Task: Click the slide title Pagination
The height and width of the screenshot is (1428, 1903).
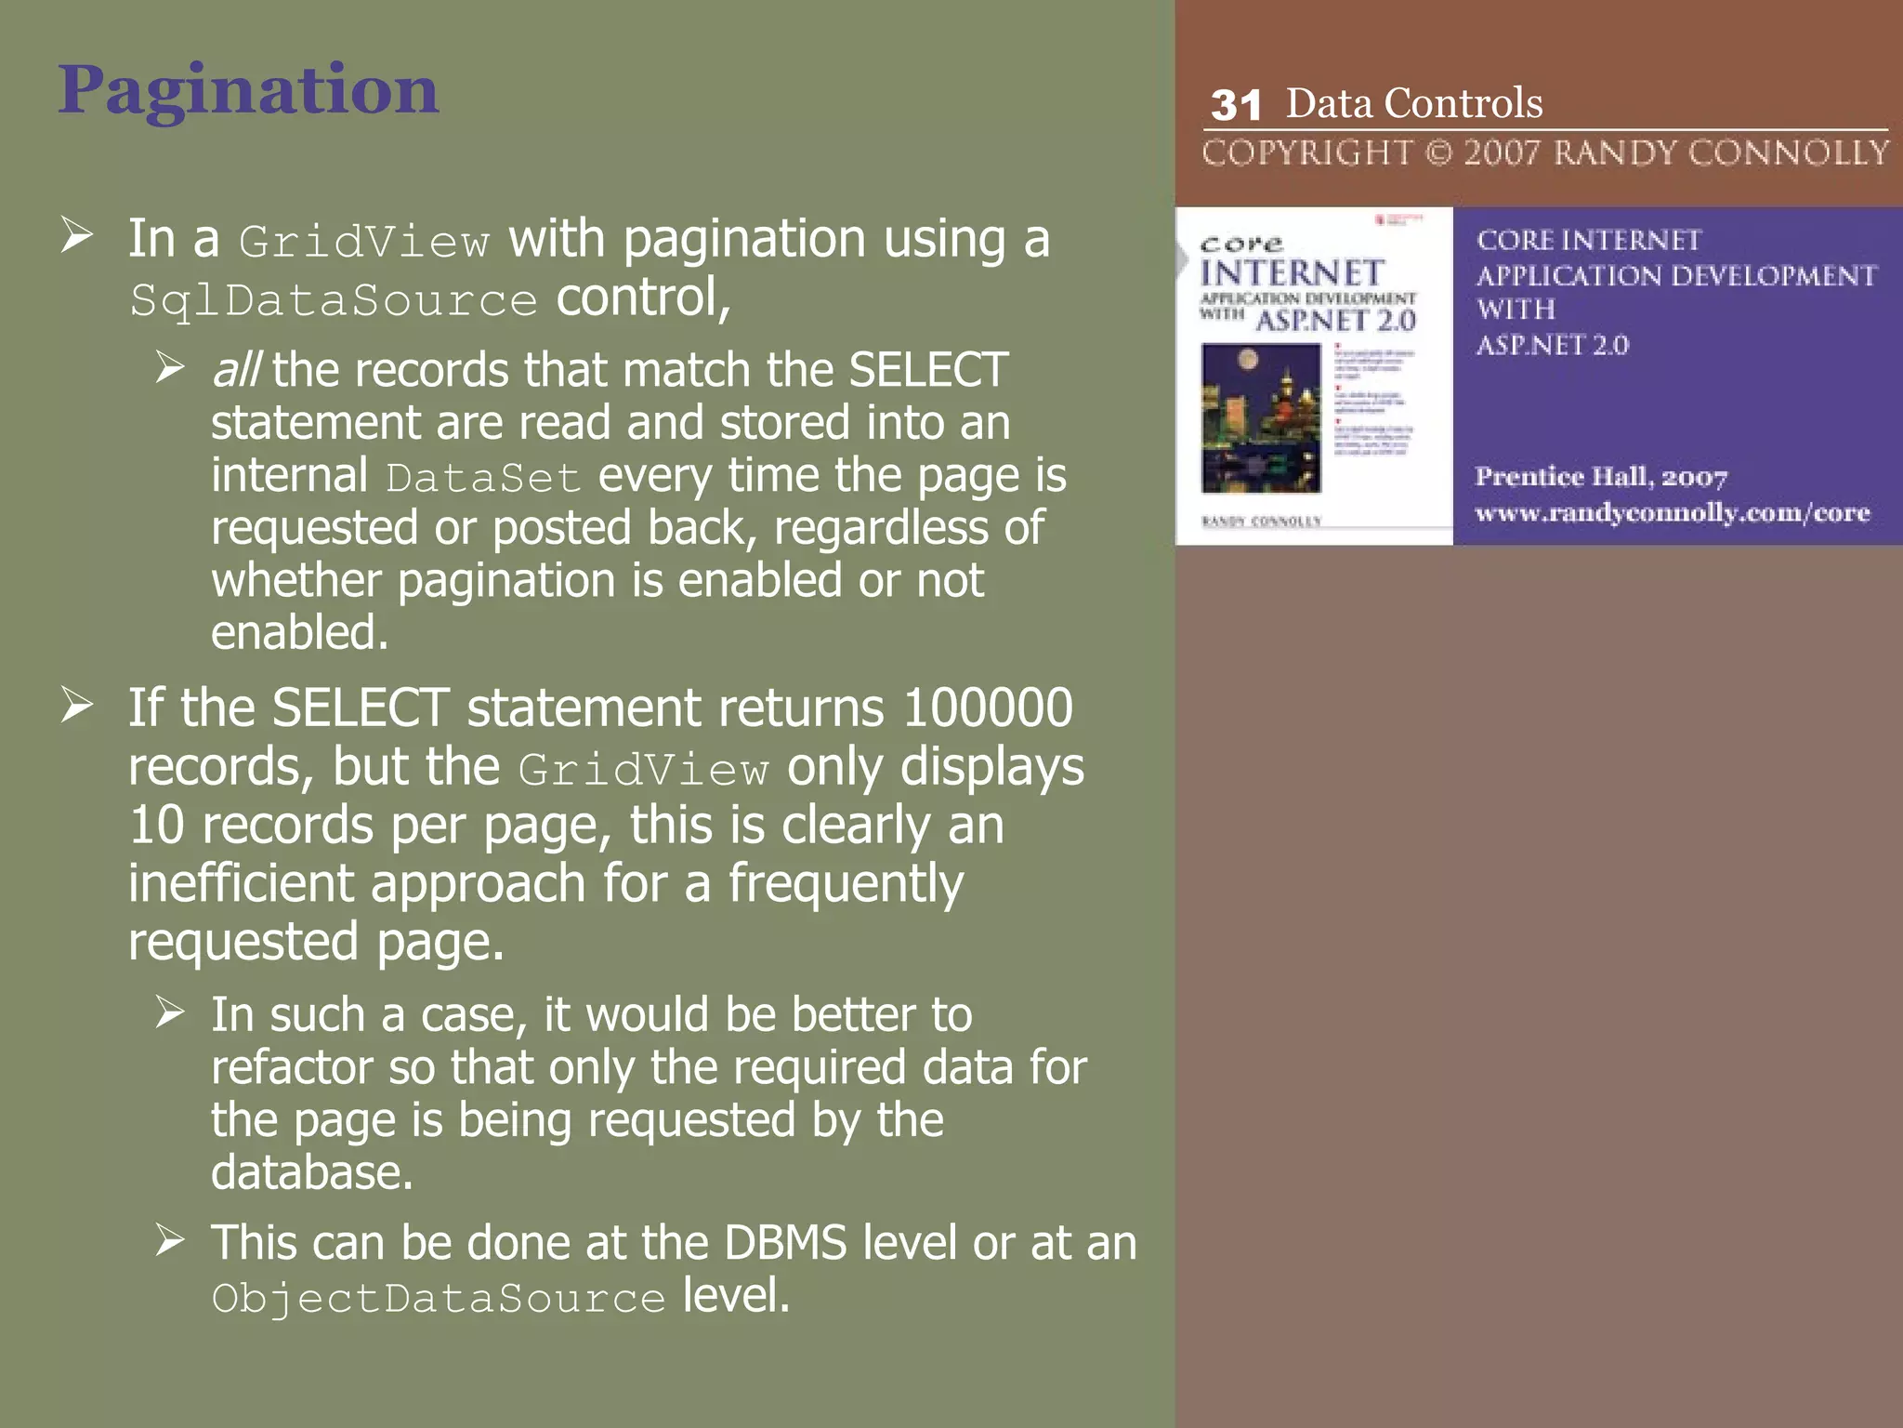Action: tap(248, 91)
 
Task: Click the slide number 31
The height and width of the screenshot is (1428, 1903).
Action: tap(1236, 106)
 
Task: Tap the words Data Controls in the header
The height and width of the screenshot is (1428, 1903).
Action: tap(1413, 103)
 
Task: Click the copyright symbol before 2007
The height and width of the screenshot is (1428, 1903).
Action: tap(1438, 152)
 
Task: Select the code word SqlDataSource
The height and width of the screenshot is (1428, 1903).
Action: tap(334, 301)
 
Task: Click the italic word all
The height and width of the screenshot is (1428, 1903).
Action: tap(236, 370)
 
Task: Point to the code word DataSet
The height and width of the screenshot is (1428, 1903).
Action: tap(483, 478)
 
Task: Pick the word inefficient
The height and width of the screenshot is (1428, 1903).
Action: tap(241, 883)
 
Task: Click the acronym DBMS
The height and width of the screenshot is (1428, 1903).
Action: tap(785, 1243)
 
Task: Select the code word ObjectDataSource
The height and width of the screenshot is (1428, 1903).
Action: tap(438, 1298)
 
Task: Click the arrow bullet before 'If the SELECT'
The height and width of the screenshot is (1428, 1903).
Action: tap(77, 706)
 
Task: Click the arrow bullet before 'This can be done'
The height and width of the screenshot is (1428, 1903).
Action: tap(170, 1240)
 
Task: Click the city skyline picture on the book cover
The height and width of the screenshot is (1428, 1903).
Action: tap(1261, 417)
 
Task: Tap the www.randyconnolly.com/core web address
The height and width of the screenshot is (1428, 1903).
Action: tap(1672, 513)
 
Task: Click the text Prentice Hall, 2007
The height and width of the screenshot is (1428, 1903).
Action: tap(1600, 477)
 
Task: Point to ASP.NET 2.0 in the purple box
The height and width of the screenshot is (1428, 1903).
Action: tap(1552, 345)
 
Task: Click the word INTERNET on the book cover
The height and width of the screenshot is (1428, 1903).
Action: tap(1293, 273)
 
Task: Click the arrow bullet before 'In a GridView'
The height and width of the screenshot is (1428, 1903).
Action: tap(77, 235)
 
